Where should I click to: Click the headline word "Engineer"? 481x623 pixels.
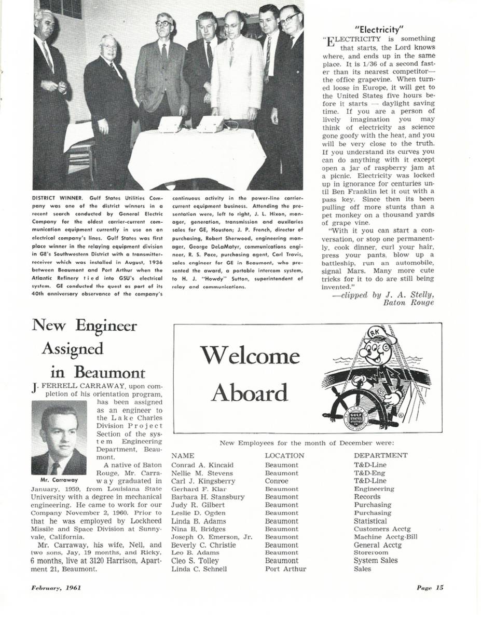click(106, 326)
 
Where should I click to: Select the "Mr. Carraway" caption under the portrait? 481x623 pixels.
click(59, 480)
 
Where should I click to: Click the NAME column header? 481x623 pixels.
click(183, 456)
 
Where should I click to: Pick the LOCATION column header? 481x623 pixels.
click(284, 456)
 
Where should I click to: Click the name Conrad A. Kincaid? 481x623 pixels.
click(202, 465)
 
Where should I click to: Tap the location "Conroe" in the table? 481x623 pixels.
click(277, 481)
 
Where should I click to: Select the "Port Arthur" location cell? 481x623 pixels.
click(285, 569)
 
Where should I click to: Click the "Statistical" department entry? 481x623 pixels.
click(370, 521)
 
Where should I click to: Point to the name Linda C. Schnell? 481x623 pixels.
click(199, 569)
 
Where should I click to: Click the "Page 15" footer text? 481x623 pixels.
click(430, 588)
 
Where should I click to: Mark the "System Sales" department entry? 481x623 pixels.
click(376, 561)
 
